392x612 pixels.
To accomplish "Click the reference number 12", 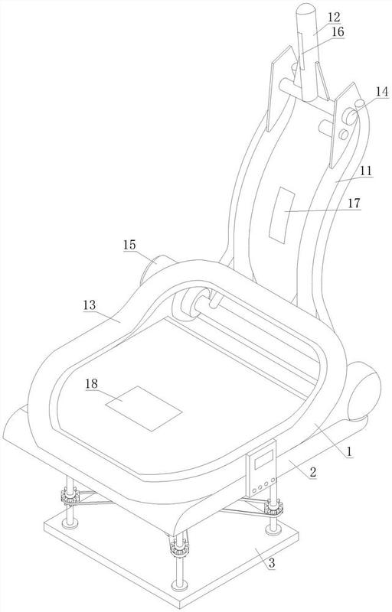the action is [334, 17].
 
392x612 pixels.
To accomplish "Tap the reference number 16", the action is [338, 32].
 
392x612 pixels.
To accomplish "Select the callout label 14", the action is [381, 92].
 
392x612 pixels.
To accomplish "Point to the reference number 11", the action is [366, 171].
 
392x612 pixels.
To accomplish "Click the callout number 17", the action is [354, 203].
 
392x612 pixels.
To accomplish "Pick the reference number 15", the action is [129, 245].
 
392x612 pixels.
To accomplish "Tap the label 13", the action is [90, 304].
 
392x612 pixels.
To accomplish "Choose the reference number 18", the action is [92, 383].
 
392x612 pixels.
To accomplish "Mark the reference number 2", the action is [312, 472].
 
